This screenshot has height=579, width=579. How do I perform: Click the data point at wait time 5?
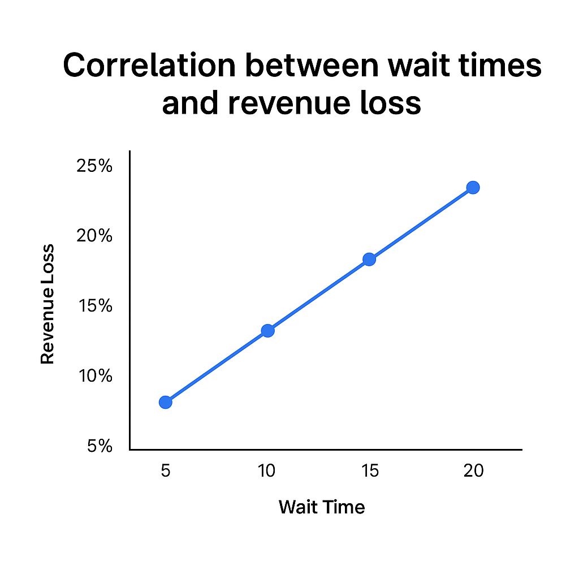click(165, 402)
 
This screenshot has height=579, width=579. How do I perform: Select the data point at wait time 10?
click(267, 331)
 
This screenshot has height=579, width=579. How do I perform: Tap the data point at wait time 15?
click(369, 259)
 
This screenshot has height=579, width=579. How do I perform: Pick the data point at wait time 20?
click(473, 187)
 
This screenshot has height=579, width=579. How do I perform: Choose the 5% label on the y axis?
click(100, 447)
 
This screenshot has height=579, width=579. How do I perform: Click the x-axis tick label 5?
click(165, 470)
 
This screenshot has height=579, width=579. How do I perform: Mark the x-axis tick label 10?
click(267, 470)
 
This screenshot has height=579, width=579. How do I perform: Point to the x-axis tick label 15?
click(369, 470)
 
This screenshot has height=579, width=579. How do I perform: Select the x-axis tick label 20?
click(473, 470)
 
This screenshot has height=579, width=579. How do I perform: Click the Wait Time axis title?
click(322, 507)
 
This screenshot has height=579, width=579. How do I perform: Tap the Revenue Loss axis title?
click(48, 304)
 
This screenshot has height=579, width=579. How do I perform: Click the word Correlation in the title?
click(149, 67)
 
